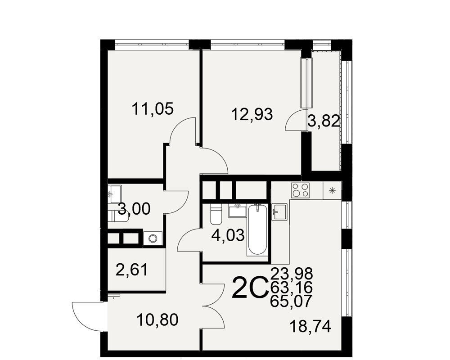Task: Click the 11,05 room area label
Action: coord(153,109)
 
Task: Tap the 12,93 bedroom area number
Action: coord(252,114)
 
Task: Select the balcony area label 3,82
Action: coord(324,121)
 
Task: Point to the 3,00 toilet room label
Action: coord(134,209)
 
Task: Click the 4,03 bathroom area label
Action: coord(228,235)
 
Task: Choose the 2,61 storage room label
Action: coord(131,270)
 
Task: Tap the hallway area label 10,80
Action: coord(157,320)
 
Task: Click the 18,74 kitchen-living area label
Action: coord(311,326)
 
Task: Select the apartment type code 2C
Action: coord(250,287)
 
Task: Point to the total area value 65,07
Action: coord(291,301)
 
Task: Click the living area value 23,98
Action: coord(291,274)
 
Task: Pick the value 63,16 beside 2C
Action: coord(291,287)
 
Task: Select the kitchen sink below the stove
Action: coord(279,212)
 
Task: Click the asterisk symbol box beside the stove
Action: coord(333,190)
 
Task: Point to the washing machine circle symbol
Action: coord(153,238)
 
